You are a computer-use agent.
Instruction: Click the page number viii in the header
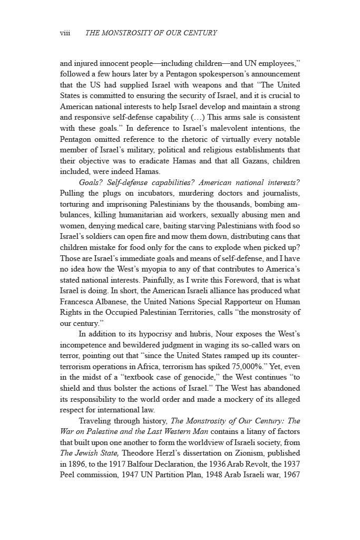click(x=65, y=33)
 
